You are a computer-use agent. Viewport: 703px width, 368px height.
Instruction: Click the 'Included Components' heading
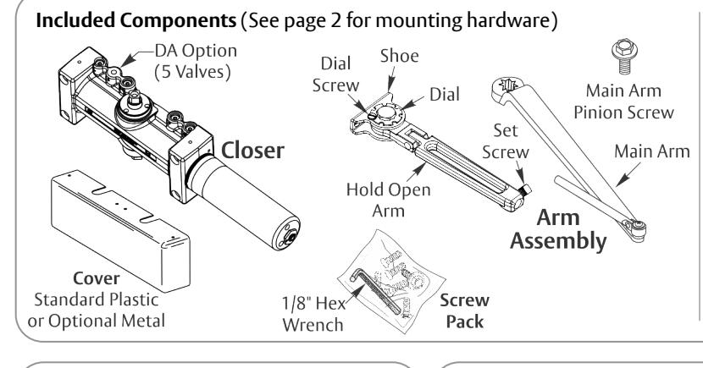tap(136, 20)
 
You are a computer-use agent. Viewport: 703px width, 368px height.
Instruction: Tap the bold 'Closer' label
tap(252, 151)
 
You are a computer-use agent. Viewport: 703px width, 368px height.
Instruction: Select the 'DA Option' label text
tap(196, 51)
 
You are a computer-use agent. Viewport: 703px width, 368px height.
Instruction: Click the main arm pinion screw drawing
tap(624, 56)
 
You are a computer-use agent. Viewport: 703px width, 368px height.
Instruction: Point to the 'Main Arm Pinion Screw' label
tap(623, 102)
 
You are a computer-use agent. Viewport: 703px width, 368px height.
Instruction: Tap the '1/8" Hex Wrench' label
tap(314, 314)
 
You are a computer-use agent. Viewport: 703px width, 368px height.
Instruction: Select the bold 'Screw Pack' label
tap(464, 311)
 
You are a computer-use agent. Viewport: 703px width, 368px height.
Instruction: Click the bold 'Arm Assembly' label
tap(558, 229)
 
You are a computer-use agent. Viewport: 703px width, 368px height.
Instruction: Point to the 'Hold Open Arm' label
tap(388, 200)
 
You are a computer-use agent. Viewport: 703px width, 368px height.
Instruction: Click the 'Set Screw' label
tap(506, 141)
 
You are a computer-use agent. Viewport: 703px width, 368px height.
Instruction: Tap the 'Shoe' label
tap(400, 56)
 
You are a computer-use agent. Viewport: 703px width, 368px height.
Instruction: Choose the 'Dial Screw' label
tap(335, 74)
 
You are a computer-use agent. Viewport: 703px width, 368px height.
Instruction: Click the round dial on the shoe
tap(385, 113)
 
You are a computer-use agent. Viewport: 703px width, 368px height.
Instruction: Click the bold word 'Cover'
tap(97, 278)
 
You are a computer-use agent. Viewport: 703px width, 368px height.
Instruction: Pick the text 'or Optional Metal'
tap(97, 321)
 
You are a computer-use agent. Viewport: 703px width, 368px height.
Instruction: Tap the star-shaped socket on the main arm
tap(508, 85)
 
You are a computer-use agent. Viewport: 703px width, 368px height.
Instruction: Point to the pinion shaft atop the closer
tap(135, 99)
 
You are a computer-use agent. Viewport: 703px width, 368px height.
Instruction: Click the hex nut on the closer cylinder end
tap(289, 237)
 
